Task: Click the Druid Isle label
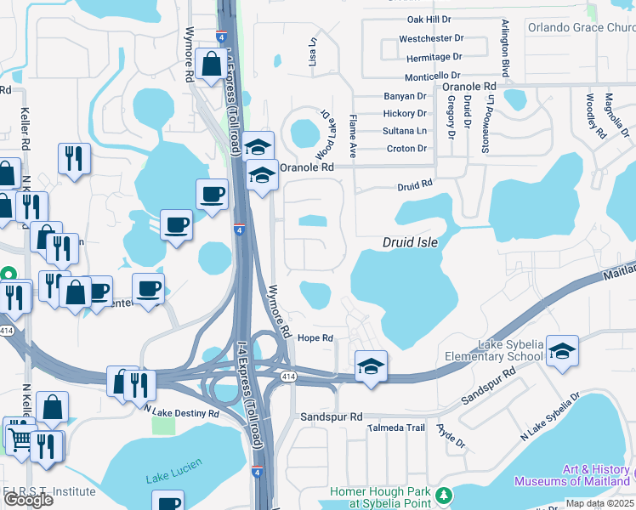[410, 242]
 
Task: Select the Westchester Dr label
[431, 38]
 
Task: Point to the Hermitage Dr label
[434, 57]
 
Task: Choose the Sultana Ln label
[405, 131]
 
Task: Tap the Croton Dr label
[406, 149]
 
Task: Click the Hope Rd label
[315, 337]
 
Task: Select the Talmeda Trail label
[396, 428]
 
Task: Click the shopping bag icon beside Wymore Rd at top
[210, 64]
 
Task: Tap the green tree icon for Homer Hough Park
[442, 495]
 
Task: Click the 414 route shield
[290, 377]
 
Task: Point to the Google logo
[27, 500]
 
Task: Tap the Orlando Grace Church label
[581, 26]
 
